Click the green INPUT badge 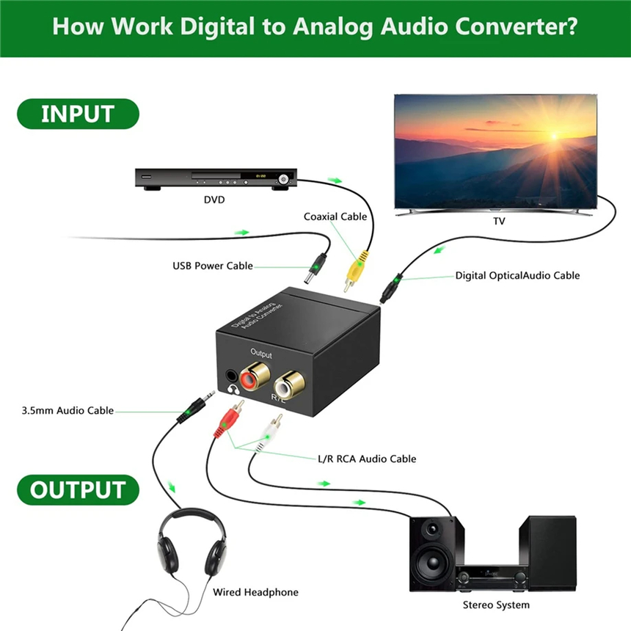tap(77, 114)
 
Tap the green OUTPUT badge tap(77, 490)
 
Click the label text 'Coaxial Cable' tap(335, 216)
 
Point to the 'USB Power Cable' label tap(213, 266)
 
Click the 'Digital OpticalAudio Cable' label tap(517, 275)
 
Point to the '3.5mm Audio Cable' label tap(68, 410)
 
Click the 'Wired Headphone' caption tap(255, 592)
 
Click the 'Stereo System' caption tap(496, 605)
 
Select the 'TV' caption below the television tap(499, 220)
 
